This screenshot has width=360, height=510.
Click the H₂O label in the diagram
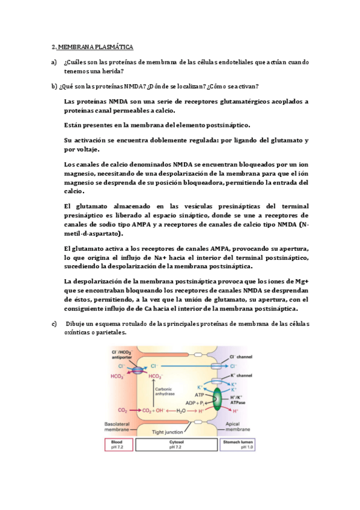click(x=180, y=410)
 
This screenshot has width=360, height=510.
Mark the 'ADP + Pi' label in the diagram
click(x=192, y=402)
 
